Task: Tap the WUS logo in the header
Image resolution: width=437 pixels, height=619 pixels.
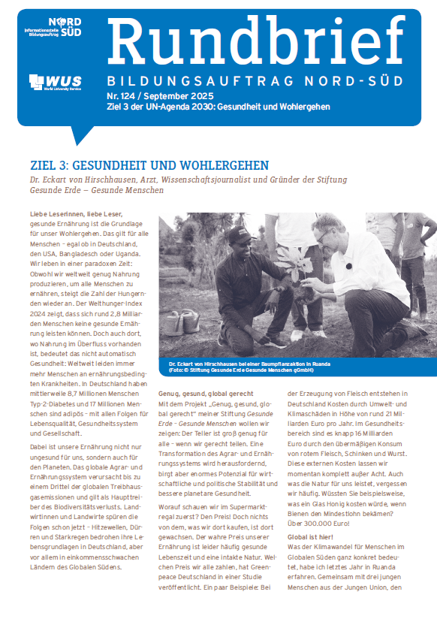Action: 55,81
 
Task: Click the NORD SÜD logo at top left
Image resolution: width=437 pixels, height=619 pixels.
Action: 64,27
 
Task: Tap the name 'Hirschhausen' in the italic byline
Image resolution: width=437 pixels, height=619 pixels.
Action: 154,179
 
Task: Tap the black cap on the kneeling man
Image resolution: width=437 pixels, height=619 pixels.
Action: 238,236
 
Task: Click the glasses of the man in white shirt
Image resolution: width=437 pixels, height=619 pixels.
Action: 324,237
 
